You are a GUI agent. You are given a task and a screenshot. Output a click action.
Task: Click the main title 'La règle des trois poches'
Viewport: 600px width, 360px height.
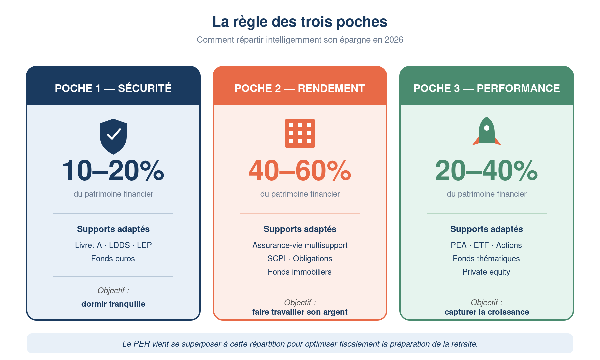[x=300, y=22]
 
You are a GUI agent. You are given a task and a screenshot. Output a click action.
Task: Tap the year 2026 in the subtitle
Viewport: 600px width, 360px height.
[x=394, y=40]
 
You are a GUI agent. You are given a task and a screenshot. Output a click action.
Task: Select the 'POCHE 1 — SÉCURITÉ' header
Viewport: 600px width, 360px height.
[x=113, y=88]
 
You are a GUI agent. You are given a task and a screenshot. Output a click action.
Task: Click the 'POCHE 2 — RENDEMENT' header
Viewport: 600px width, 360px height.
[x=300, y=88]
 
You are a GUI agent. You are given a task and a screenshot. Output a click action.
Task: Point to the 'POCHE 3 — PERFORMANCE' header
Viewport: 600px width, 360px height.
[x=486, y=88]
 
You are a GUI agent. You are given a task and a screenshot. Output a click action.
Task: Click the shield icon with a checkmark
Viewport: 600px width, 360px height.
[x=113, y=136]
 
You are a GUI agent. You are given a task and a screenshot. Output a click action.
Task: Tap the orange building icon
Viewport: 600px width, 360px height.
[x=300, y=133]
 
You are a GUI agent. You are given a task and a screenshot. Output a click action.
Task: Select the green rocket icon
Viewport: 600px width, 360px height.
[x=487, y=131]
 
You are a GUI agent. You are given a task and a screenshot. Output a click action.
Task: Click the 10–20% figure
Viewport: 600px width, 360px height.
[x=113, y=171]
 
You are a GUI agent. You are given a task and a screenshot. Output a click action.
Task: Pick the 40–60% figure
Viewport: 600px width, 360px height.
[x=300, y=171]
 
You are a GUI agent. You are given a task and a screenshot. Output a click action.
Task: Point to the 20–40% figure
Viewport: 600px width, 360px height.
[x=486, y=171]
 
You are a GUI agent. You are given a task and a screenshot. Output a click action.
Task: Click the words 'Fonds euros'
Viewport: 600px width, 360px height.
[x=113, y=259]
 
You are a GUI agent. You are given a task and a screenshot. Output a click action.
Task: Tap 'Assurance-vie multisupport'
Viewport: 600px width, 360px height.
[x=300, y=245]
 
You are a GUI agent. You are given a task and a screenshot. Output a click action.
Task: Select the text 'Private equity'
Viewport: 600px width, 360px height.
[x=486, y=272]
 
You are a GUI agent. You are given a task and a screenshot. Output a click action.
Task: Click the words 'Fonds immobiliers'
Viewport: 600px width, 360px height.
[x=300, y=272]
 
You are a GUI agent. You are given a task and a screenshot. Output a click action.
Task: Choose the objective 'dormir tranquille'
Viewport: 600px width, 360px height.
[x=113, y=304]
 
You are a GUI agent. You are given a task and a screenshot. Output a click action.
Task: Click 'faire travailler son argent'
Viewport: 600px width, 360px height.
[x=300, y=312]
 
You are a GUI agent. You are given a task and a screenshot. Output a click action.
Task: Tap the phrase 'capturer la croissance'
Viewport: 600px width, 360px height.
[x=487, y=312]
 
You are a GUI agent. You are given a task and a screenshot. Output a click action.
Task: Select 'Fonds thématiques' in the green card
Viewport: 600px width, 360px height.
[x=486, y=259]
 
